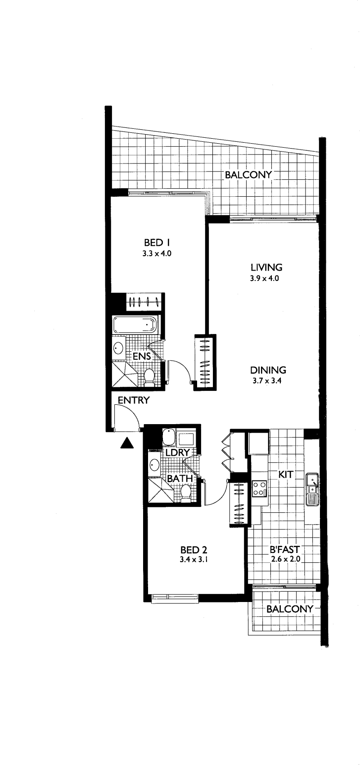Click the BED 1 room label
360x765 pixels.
tap(157, 243)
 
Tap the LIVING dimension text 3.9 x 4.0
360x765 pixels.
tap(265, 278)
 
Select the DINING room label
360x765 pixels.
tap(268, 370)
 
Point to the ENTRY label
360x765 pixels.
tap(134, 400)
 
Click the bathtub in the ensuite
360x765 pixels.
tap(135, 325)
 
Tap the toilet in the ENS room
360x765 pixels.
tap(149, 378)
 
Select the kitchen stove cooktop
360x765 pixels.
tap(259, 488)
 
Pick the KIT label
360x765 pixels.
tap(286, 475)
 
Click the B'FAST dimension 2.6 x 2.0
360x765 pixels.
tap(285, 559)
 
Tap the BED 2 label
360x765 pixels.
tap(193, 550)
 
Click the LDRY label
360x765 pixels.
tap(177, 453)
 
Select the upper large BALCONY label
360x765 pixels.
tap(248, 175)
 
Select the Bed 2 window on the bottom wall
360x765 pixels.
tap(175, 597)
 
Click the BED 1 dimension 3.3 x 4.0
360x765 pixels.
tap(157, 254)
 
